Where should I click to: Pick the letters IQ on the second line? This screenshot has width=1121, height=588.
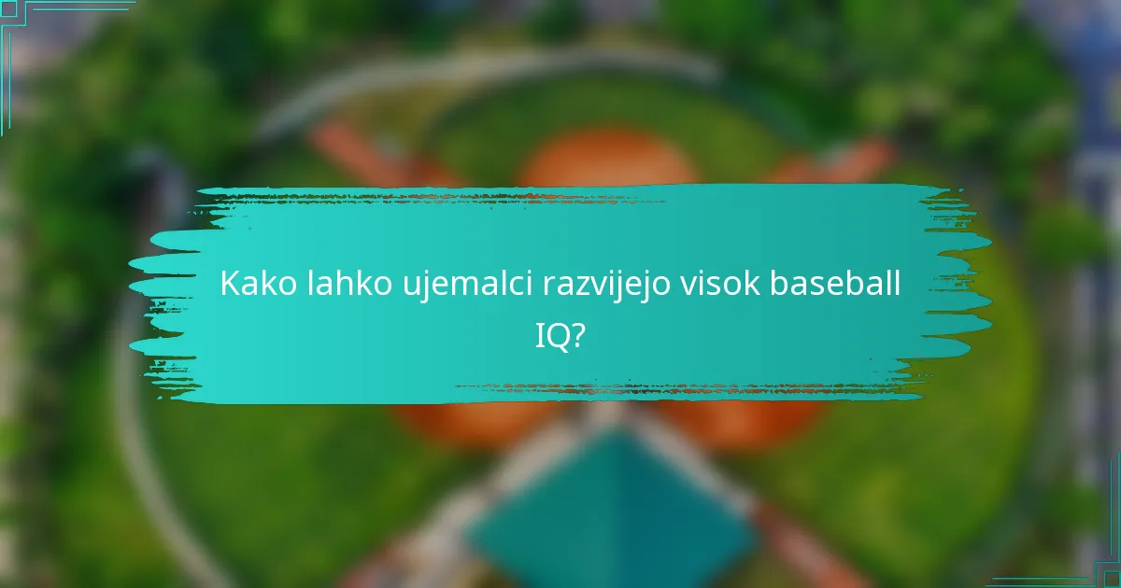552,335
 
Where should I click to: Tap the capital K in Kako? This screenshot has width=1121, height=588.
230,285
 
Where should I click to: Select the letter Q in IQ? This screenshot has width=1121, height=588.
558,336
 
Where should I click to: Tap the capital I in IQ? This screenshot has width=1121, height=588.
539,335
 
